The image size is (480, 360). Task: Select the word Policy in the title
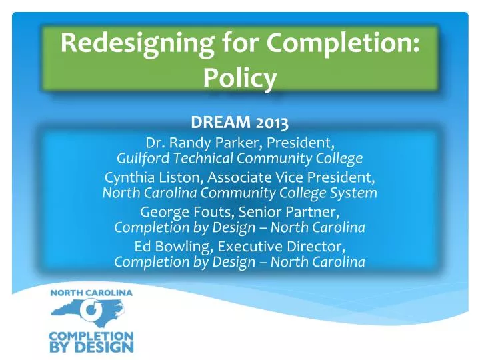pos(239,79)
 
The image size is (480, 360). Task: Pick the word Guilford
pos(143,159)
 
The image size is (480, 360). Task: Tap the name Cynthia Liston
pos(151,178)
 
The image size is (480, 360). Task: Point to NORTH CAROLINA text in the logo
pos(91,292)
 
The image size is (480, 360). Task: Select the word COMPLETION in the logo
pos(91,336)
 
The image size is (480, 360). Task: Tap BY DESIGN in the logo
pos(91,347)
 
